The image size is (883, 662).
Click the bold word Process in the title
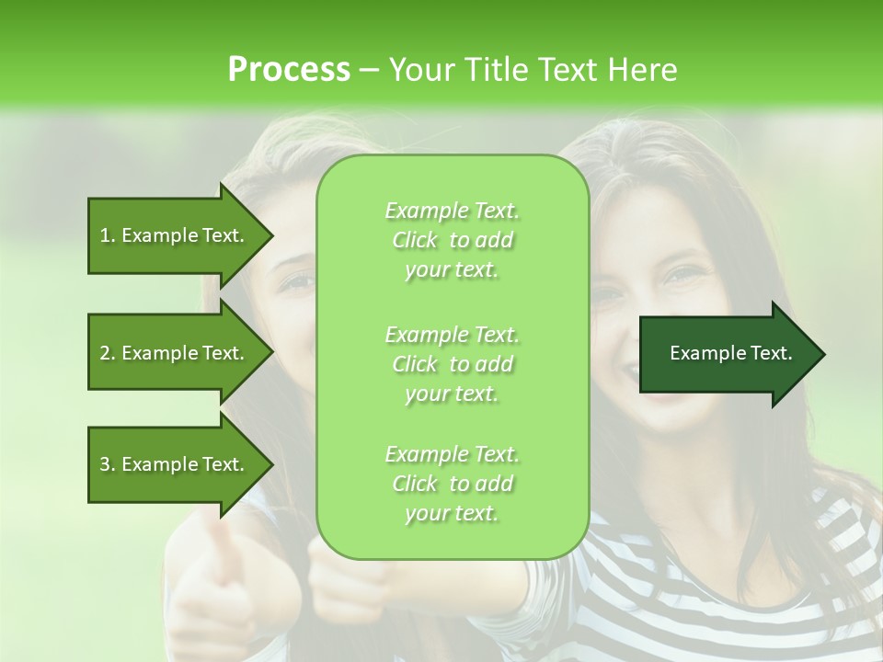point(289,70)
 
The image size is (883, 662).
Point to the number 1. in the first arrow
point(108,235)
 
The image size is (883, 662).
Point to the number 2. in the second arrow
point(108,353)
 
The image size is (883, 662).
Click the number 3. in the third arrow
point(108,464)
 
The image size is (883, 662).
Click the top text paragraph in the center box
point(452,240)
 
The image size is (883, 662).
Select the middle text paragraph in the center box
point(452,364)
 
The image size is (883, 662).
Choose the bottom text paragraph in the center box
point(452,484)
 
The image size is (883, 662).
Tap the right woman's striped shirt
point(736,588)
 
